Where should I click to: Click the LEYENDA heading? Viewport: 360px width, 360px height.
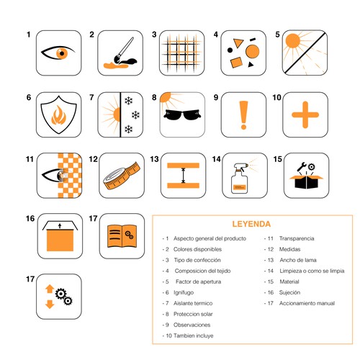(x=251, y=224)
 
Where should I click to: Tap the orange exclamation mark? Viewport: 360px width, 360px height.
(x=243, y=115)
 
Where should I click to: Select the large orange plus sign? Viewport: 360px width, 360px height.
(x=305, y=114)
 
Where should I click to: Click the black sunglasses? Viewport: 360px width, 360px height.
(x=182, y=114)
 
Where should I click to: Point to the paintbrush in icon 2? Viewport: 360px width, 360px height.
(x=124, y=50)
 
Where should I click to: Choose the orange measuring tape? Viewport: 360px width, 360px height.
(x=122, y=176)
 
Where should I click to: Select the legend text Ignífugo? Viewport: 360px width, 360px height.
(x=184, y=292)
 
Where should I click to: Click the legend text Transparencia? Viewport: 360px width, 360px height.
(x=297, y=238)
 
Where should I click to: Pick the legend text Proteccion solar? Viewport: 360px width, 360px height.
(x=193, y=314)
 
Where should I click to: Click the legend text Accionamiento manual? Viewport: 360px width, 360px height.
(x=307, y=303)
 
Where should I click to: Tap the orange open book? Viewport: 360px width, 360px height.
(x=122, y=236)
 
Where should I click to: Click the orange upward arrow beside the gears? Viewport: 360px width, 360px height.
(x=50, y=289)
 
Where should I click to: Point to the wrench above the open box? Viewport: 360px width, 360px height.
(x=302, y=167)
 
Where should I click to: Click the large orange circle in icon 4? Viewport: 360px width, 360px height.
(x=253, y=51)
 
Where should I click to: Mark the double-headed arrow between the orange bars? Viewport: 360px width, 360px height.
(x=184, y=176)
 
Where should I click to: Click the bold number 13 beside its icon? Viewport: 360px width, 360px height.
(x=155, y=159)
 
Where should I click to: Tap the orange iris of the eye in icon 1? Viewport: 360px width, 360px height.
(x=62, y=53)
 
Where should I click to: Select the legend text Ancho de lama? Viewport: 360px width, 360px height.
(x=298, y=260)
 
